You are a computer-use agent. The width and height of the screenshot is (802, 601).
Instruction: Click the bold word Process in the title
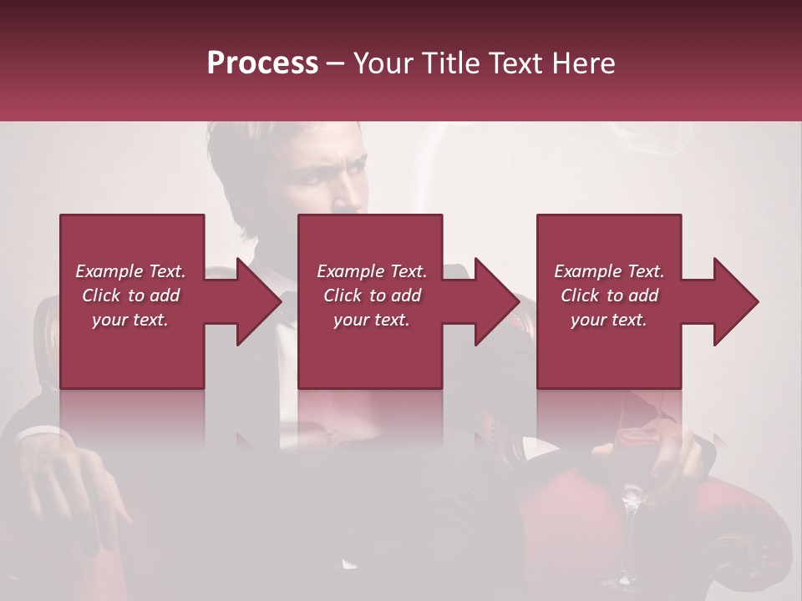click(262, 63)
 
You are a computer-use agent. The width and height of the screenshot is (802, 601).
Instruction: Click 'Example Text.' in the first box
click(130, 271)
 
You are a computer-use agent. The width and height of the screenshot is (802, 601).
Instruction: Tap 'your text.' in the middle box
click(371, 320)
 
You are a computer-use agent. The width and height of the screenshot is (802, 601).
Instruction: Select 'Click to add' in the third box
click(609, 295)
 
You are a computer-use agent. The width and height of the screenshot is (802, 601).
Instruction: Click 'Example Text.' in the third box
click(609, 271)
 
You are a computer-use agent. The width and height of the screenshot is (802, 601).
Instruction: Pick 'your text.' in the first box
click(130, 320)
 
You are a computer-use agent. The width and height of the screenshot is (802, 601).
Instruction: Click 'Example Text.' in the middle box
click(371, 271)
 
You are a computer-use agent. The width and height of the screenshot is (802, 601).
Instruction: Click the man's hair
click(251, 142)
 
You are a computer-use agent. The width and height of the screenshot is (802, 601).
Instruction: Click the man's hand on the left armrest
click(79, 492)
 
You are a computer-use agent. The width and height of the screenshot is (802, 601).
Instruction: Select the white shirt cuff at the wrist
click(38, 436)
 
